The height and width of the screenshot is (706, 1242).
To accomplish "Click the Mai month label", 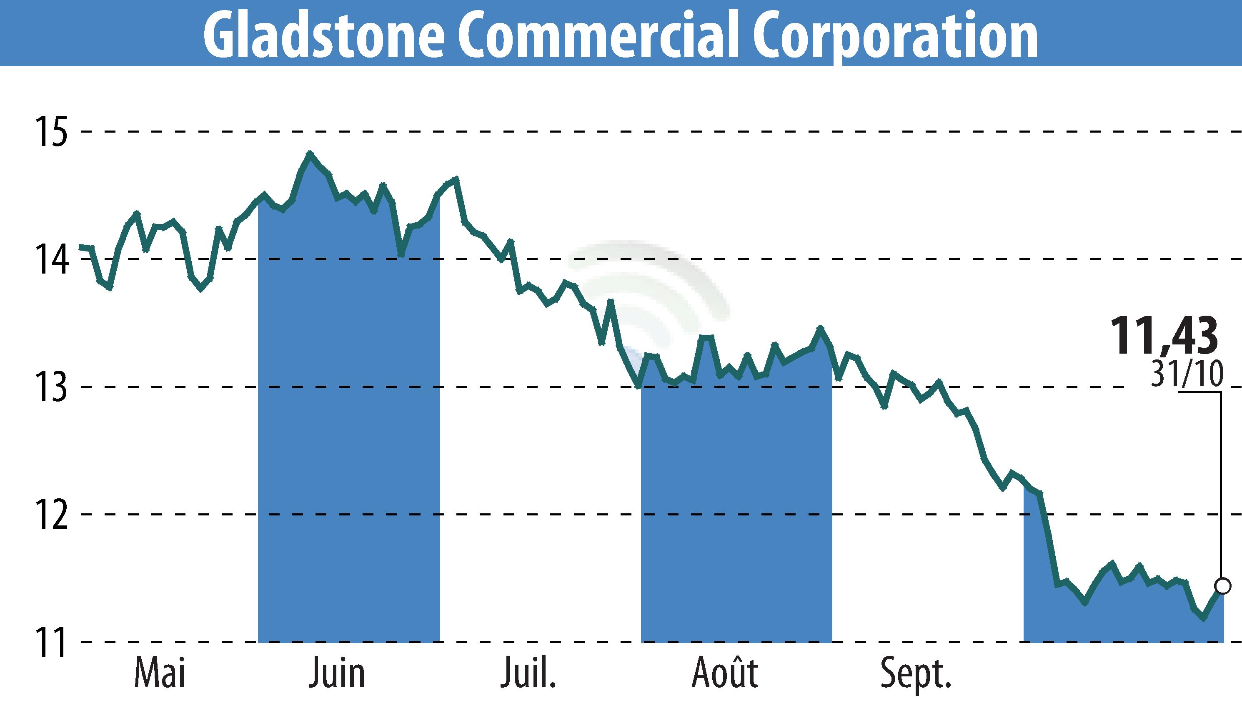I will [x=160, y=673].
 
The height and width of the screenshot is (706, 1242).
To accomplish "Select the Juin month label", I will [x=337, y=673].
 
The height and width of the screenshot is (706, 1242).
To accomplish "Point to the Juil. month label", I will [x=528, y=673].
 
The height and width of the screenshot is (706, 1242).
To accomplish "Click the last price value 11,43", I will [x=1164, y=336].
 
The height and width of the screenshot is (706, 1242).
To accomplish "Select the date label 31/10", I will [x=1187, y=373].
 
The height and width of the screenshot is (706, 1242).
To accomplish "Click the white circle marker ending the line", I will [x=1223, y=586].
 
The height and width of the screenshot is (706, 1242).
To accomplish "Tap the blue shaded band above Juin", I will [x=349, y=436].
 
